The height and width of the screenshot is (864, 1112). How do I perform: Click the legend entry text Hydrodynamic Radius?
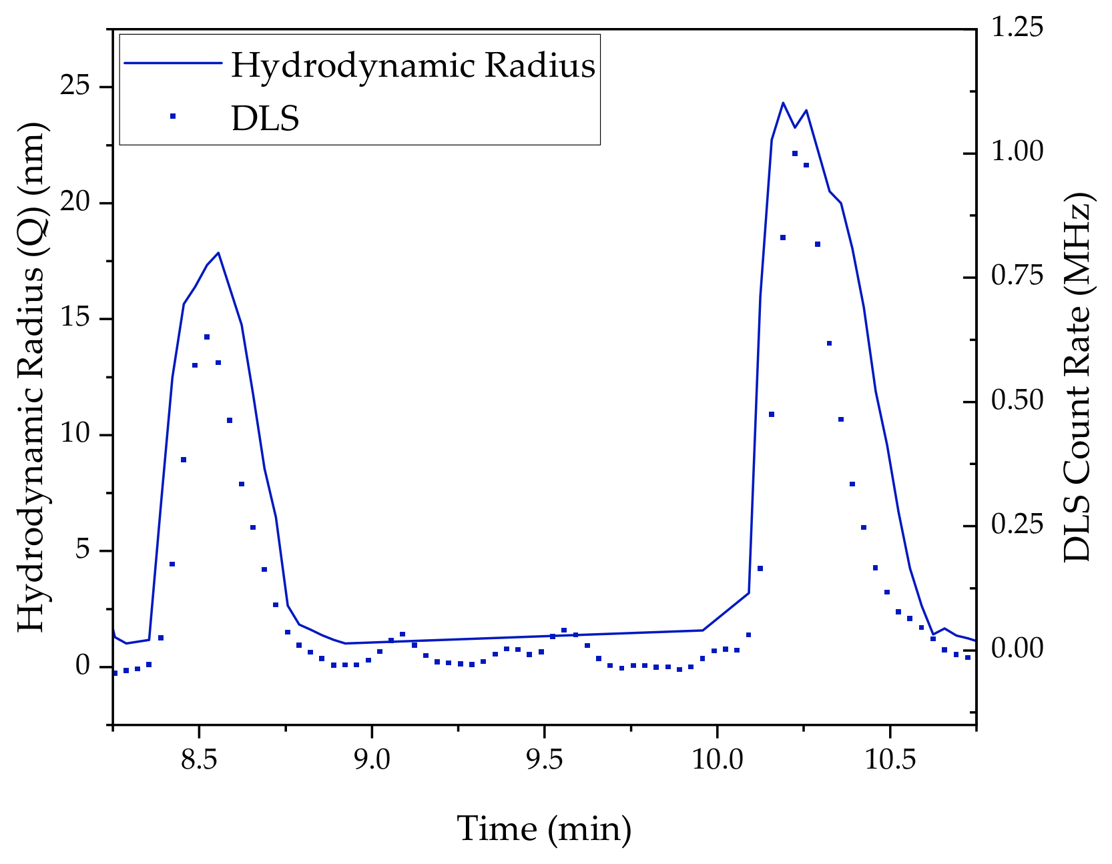pyautogui.click(x=412, y=65)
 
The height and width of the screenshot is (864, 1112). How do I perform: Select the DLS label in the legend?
pyautogui.click(x=265, y=119)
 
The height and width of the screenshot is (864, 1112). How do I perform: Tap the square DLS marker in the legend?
pyautogui.click(x=172, y=116)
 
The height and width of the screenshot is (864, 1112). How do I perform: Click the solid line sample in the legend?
pyautogui.click(x=172, y=63)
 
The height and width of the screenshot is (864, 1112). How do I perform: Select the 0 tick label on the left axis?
pyautogui.click(x=82, y=666)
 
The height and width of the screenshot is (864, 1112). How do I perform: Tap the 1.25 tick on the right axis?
pyautogui.click(x=1016, y=28)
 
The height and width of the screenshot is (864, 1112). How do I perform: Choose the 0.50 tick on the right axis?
pyautogui.click(x=1016, y=400)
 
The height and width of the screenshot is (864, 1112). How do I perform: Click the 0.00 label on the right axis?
pyautogui.click(x=1016, y=648)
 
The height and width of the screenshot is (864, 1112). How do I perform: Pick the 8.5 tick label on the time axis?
pyautogui.click(x=199, y=759)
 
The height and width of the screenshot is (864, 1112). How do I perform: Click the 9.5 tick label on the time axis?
pyautogui.click(x=544, y=759)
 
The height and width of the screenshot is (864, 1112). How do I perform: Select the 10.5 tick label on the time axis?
pyautogui.click(x=889, y=759)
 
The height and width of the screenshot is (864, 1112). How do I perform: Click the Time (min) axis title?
pyautogui.click(x=544, y=829)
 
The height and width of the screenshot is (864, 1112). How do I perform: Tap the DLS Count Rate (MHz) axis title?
pyautogui.click(x=1076, y=377)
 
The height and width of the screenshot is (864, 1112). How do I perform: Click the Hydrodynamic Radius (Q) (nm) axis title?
pyautogui.click(x=31, y=377)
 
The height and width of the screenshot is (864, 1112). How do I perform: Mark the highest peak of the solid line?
pyautogui.click(x=783, y=103)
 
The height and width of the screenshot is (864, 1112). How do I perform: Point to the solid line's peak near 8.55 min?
pyautogui.click(x=218, y=253)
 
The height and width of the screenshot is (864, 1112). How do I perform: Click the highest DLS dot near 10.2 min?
pyautogui.click(x=795, y=153)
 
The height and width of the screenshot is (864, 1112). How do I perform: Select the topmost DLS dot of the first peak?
pyautogui.click(x=207, y=337)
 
